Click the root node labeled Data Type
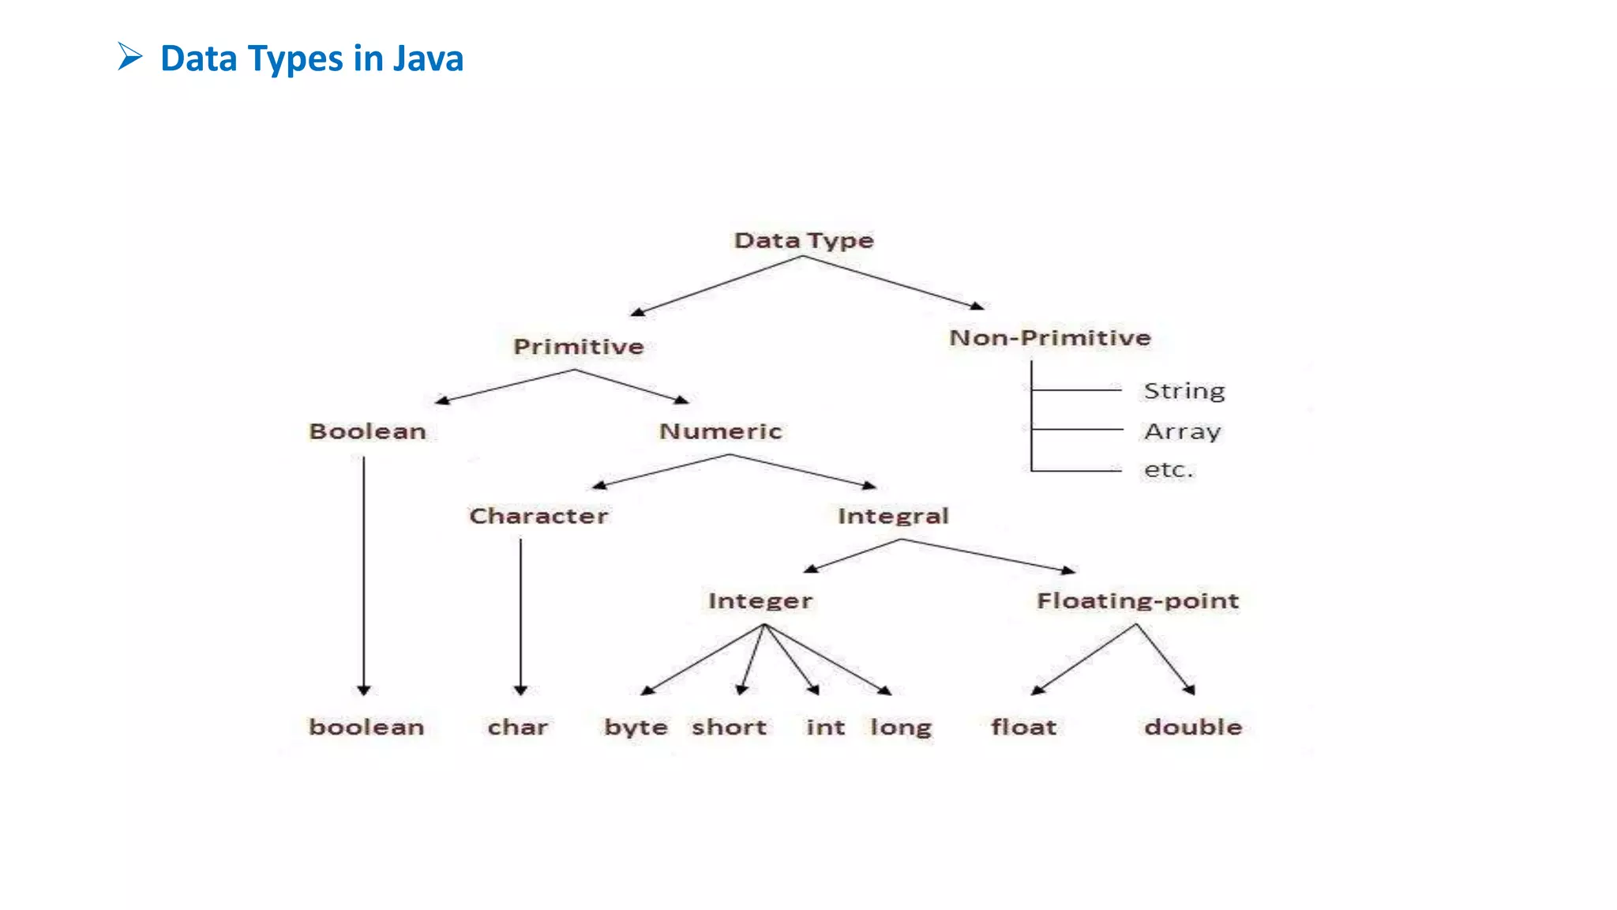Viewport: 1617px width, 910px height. (x=804, y=240)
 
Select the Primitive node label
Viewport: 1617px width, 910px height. (x=579, y=347)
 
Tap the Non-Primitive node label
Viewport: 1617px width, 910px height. (x=1050, y=338)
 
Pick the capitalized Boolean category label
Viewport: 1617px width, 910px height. (x=368, y=431)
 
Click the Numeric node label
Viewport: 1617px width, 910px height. (x=721, y=431)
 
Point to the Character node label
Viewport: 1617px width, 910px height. (x=538, y=516)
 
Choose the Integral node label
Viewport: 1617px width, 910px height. (x=893, y=516)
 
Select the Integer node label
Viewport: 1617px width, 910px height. (x=760, y=601)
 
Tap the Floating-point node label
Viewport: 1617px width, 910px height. (x=1138, y=601)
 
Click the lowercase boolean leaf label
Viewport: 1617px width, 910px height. (x=366, y=727)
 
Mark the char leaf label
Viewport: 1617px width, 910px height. (x=518, y=727)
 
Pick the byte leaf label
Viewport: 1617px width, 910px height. (x=636, y=728)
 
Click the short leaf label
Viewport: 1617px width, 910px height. (x=730, y=727)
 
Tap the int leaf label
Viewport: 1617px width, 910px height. (x=826, y=727)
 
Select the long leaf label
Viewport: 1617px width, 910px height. (x=901, y=728)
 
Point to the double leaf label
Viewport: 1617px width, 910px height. (x=1193, y=727)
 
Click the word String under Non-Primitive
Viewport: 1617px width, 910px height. (x=1184, y=391)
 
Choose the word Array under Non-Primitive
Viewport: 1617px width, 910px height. (x=1183, y=432)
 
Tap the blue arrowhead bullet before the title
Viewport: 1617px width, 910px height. (x=130, y=57)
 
